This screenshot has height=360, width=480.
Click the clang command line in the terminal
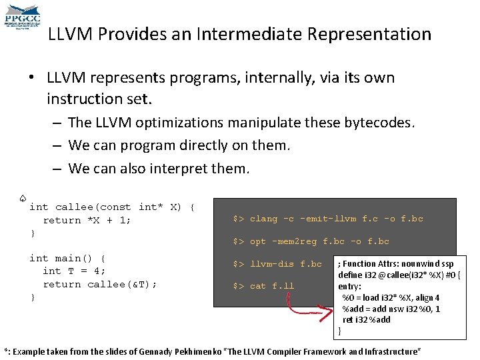(327, 219)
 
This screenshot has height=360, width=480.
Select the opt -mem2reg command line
(311, 241)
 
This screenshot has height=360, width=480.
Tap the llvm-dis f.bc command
(277, 264)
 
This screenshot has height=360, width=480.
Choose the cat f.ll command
(263, 287)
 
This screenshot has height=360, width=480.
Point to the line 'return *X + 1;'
(87, 220)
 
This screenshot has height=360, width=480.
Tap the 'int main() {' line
(67, 258)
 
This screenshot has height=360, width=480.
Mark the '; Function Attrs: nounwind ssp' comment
(396, 263)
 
